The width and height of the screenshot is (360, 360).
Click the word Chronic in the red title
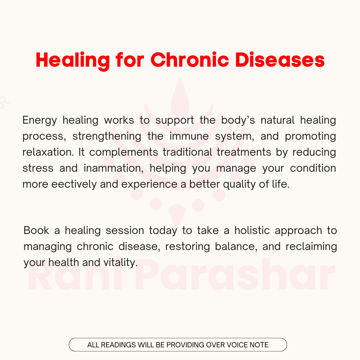click(190, 60)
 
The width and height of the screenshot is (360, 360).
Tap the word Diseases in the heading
click(280, 60)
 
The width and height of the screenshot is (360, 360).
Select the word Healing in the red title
click(73, 61)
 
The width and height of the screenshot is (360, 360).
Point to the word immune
click(189, 136)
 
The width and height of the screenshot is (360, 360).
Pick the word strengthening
click(107, 136)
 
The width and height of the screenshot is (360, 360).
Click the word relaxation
click(48, 152)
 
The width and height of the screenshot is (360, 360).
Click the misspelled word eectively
click(74, 184)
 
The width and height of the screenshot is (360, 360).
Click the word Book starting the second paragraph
click(36, 230)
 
